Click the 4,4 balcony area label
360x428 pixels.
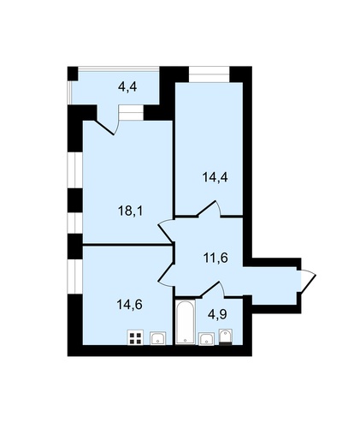click(x=127, y=86)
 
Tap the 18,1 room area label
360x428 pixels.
click(x=130, y=211)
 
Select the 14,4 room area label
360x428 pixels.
click(x=215, y=177)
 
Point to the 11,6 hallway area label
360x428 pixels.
click(x=215, y=258)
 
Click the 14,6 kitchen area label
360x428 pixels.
click(x=130, y=305)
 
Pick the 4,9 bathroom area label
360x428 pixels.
click(x=217, y=314)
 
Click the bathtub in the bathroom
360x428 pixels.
click(x=186, y=322)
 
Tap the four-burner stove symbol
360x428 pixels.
click(x=135, y=337)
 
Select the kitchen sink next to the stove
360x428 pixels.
click(x=157, y=338)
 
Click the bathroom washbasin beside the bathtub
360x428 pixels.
click(x=206, y=339)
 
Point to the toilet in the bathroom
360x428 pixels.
click(x=226, y=337)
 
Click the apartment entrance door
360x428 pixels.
click(x=306, y=281)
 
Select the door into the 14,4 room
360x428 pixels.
click(x=208, y=208)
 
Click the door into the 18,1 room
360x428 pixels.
click(x=165, y=233)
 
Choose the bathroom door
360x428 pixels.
click(x=212, y=289)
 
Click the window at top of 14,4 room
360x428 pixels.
click(x=210, y=74)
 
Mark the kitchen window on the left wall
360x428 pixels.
click(x=75, y=276)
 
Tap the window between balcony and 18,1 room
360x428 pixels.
click(x=131, y=113)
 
